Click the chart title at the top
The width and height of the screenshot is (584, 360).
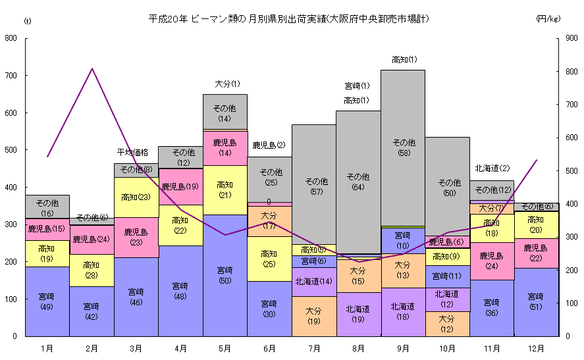click(x=289, y=19)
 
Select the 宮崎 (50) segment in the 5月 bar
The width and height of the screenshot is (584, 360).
click(x=225, y=275)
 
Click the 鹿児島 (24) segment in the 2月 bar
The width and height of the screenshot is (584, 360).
click(x=92, y=240)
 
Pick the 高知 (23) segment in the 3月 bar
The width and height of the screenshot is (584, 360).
click(x=136, y=196)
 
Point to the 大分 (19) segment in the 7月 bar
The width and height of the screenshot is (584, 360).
click(x=314, y=317)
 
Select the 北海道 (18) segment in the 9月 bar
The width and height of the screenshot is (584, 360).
click(x=403, y=311)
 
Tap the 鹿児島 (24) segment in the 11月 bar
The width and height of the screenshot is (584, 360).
click(x=492, y=261)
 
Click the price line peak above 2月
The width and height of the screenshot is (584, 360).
click(x=92, y=68)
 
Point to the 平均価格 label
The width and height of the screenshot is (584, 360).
click(x=133, y=152)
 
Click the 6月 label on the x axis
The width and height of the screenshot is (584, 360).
click(x=269, y=347)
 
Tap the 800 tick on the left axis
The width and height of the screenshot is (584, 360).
click(x=11, y=38)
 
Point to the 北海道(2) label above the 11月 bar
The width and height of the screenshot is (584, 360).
click(x=492, y=168)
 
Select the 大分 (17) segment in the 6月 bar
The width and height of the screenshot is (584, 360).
click(x=269, y=220)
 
